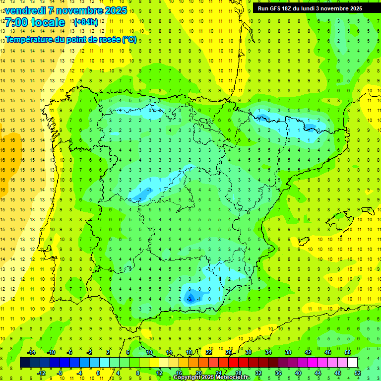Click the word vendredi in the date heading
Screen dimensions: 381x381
tap(27, 10)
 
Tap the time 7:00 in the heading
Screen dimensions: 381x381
tap(15, 22)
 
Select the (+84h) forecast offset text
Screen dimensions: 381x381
tap(86, 22)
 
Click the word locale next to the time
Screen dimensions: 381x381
tap(48, 22)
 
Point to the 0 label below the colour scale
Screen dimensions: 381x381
tap(98, 373)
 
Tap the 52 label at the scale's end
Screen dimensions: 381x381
tap(357, 373)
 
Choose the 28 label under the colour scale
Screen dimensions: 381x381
tap(238, 373)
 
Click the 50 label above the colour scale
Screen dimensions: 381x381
tap(348, 352)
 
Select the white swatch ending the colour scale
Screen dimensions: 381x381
tap(353, 363)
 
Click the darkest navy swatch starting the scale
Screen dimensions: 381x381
tap(25, 363)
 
